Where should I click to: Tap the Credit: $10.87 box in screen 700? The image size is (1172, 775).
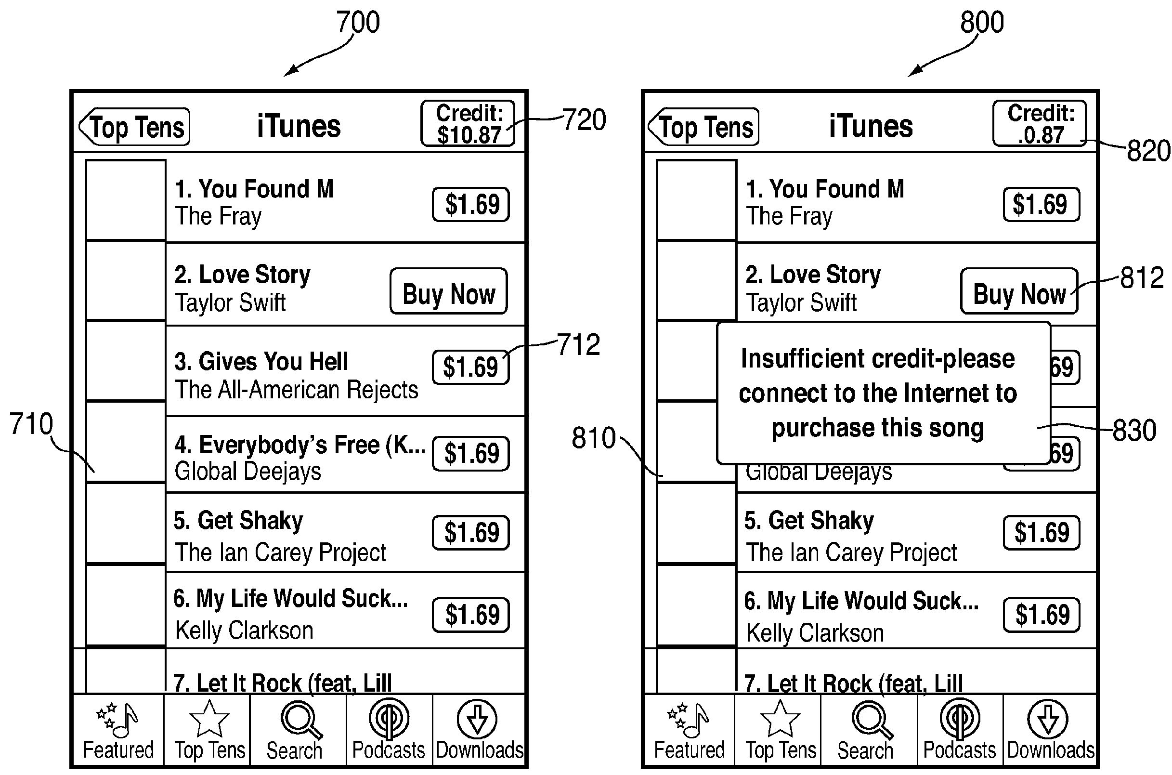click(x=468, y=124)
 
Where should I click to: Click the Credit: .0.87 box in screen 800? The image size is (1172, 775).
click(x=1040, y=124)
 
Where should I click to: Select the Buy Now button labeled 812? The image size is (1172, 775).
click(x=1019, y=291)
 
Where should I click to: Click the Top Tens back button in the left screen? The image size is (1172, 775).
click(x=135, y=127)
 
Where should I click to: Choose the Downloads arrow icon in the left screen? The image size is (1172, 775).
click(x=476, y=719)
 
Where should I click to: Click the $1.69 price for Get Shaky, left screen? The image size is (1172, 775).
click(x=471, y=533)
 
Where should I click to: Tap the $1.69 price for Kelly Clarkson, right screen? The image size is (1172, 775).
click(x=1042, y=615)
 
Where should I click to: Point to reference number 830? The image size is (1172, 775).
click(x=1134, y=430)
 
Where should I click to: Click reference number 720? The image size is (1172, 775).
click(x=584, y=120)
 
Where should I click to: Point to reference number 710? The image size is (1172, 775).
click(x=31, y=424)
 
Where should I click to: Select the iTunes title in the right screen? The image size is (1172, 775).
click(x=871, y=126)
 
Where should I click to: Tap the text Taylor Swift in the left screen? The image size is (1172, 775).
click(x=230, y=302)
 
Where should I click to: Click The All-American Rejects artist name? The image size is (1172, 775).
click(x=297, y=390)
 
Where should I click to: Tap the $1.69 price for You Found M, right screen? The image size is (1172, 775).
click(x=1041, y=204)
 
